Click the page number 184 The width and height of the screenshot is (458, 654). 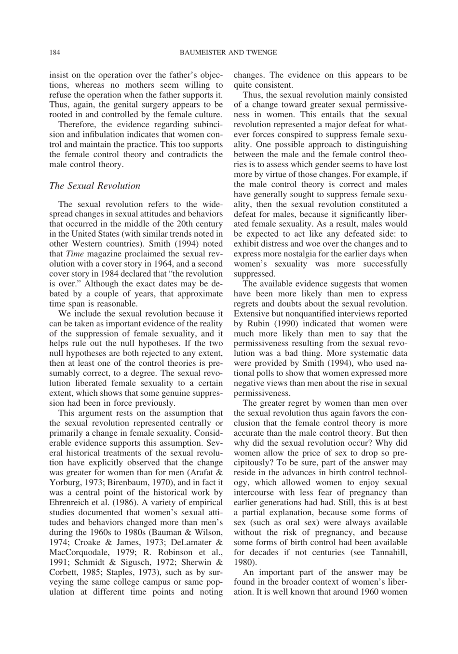click(x=54, y=53)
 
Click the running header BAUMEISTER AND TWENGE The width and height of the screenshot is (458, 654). click(x=229, y=53)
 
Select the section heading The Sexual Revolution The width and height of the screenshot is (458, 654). click(x=95, y=186)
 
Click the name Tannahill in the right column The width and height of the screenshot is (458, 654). click(x=388, y=552)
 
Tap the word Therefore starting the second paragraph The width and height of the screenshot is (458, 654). click(x=76, y=124)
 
